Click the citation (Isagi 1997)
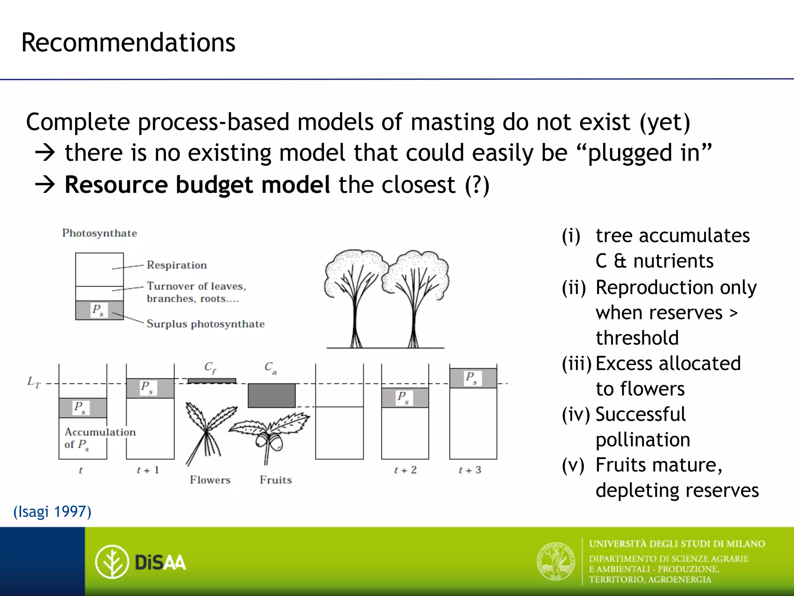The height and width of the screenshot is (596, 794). [x=52, y=511]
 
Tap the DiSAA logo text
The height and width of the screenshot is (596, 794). [x=160, y=562]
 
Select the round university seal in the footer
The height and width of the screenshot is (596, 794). [x=556, y=561]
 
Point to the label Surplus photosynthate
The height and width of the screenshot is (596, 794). [x=205, y=324]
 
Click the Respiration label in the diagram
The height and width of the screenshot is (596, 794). [x=176, y=265]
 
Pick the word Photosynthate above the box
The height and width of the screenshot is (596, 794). [x=100, y=233]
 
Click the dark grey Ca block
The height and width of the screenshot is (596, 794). [x=271, y=395]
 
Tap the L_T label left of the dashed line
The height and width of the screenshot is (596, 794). [x=34, y=382]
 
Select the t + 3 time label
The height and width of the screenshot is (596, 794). [x=470, y=470]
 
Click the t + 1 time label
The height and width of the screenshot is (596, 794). [x=148, y=470]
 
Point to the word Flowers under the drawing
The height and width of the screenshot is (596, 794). [x=210, y=480]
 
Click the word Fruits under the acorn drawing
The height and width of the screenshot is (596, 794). [x=276, y=480]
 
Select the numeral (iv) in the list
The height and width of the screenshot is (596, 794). [x=575, y=414]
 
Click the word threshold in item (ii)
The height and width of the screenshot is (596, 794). [x=637, y=338]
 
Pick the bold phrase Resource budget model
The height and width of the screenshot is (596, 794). [x=197, y=185]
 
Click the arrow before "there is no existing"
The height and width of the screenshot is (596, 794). [x=45, y=153]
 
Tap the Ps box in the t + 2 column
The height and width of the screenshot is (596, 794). [x=405, y=398]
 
